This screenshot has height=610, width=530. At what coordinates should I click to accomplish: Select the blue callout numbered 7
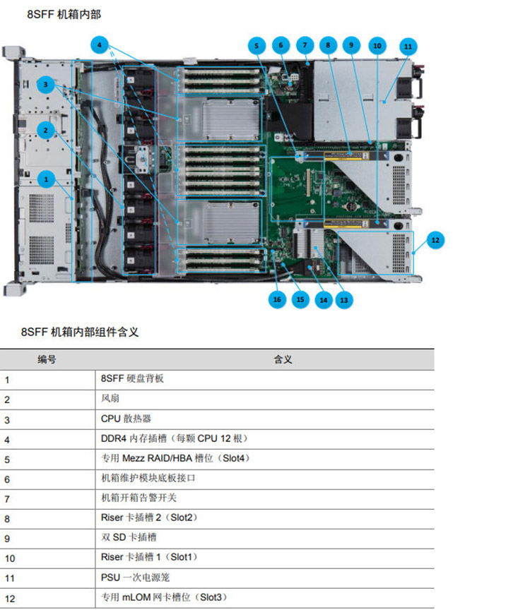[305, 46]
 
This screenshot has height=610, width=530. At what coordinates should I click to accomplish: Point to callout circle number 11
[407, 46]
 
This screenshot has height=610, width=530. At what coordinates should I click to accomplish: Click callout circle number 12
[435, 240]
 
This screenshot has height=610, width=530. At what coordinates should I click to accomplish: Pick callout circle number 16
[277, 299]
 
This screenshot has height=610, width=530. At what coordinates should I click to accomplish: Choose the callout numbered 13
[344, 299]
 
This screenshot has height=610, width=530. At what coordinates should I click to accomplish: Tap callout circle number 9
[351, 46]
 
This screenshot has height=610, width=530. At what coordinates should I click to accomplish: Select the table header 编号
[47, 359]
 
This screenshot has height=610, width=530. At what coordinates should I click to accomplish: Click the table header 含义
[283, 359]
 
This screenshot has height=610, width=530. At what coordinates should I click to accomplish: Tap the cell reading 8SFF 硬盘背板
[132, 379]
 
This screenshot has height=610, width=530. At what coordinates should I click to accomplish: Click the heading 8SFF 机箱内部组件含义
[79, 331]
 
